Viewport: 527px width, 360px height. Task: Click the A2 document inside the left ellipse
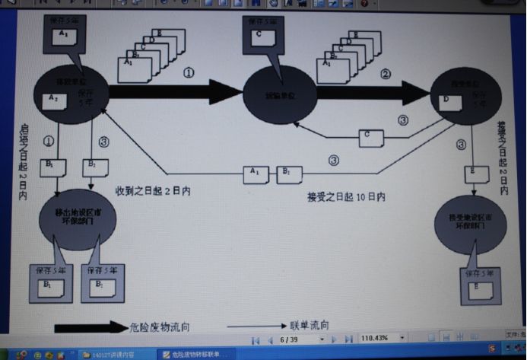pos(54,99)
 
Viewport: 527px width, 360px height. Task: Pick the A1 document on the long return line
pos(256,173)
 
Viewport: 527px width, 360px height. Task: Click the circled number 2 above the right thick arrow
pos(385,74)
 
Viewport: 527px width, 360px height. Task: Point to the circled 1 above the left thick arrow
pos(189,74)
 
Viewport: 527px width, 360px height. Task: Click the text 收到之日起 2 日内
pos(153,190)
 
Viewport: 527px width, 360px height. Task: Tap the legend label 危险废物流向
pos(160,327)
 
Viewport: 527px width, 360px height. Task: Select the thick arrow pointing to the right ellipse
pos(372,93)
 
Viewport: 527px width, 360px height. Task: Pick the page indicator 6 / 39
pos(290,339)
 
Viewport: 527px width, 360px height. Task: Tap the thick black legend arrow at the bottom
pos(90,327)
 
